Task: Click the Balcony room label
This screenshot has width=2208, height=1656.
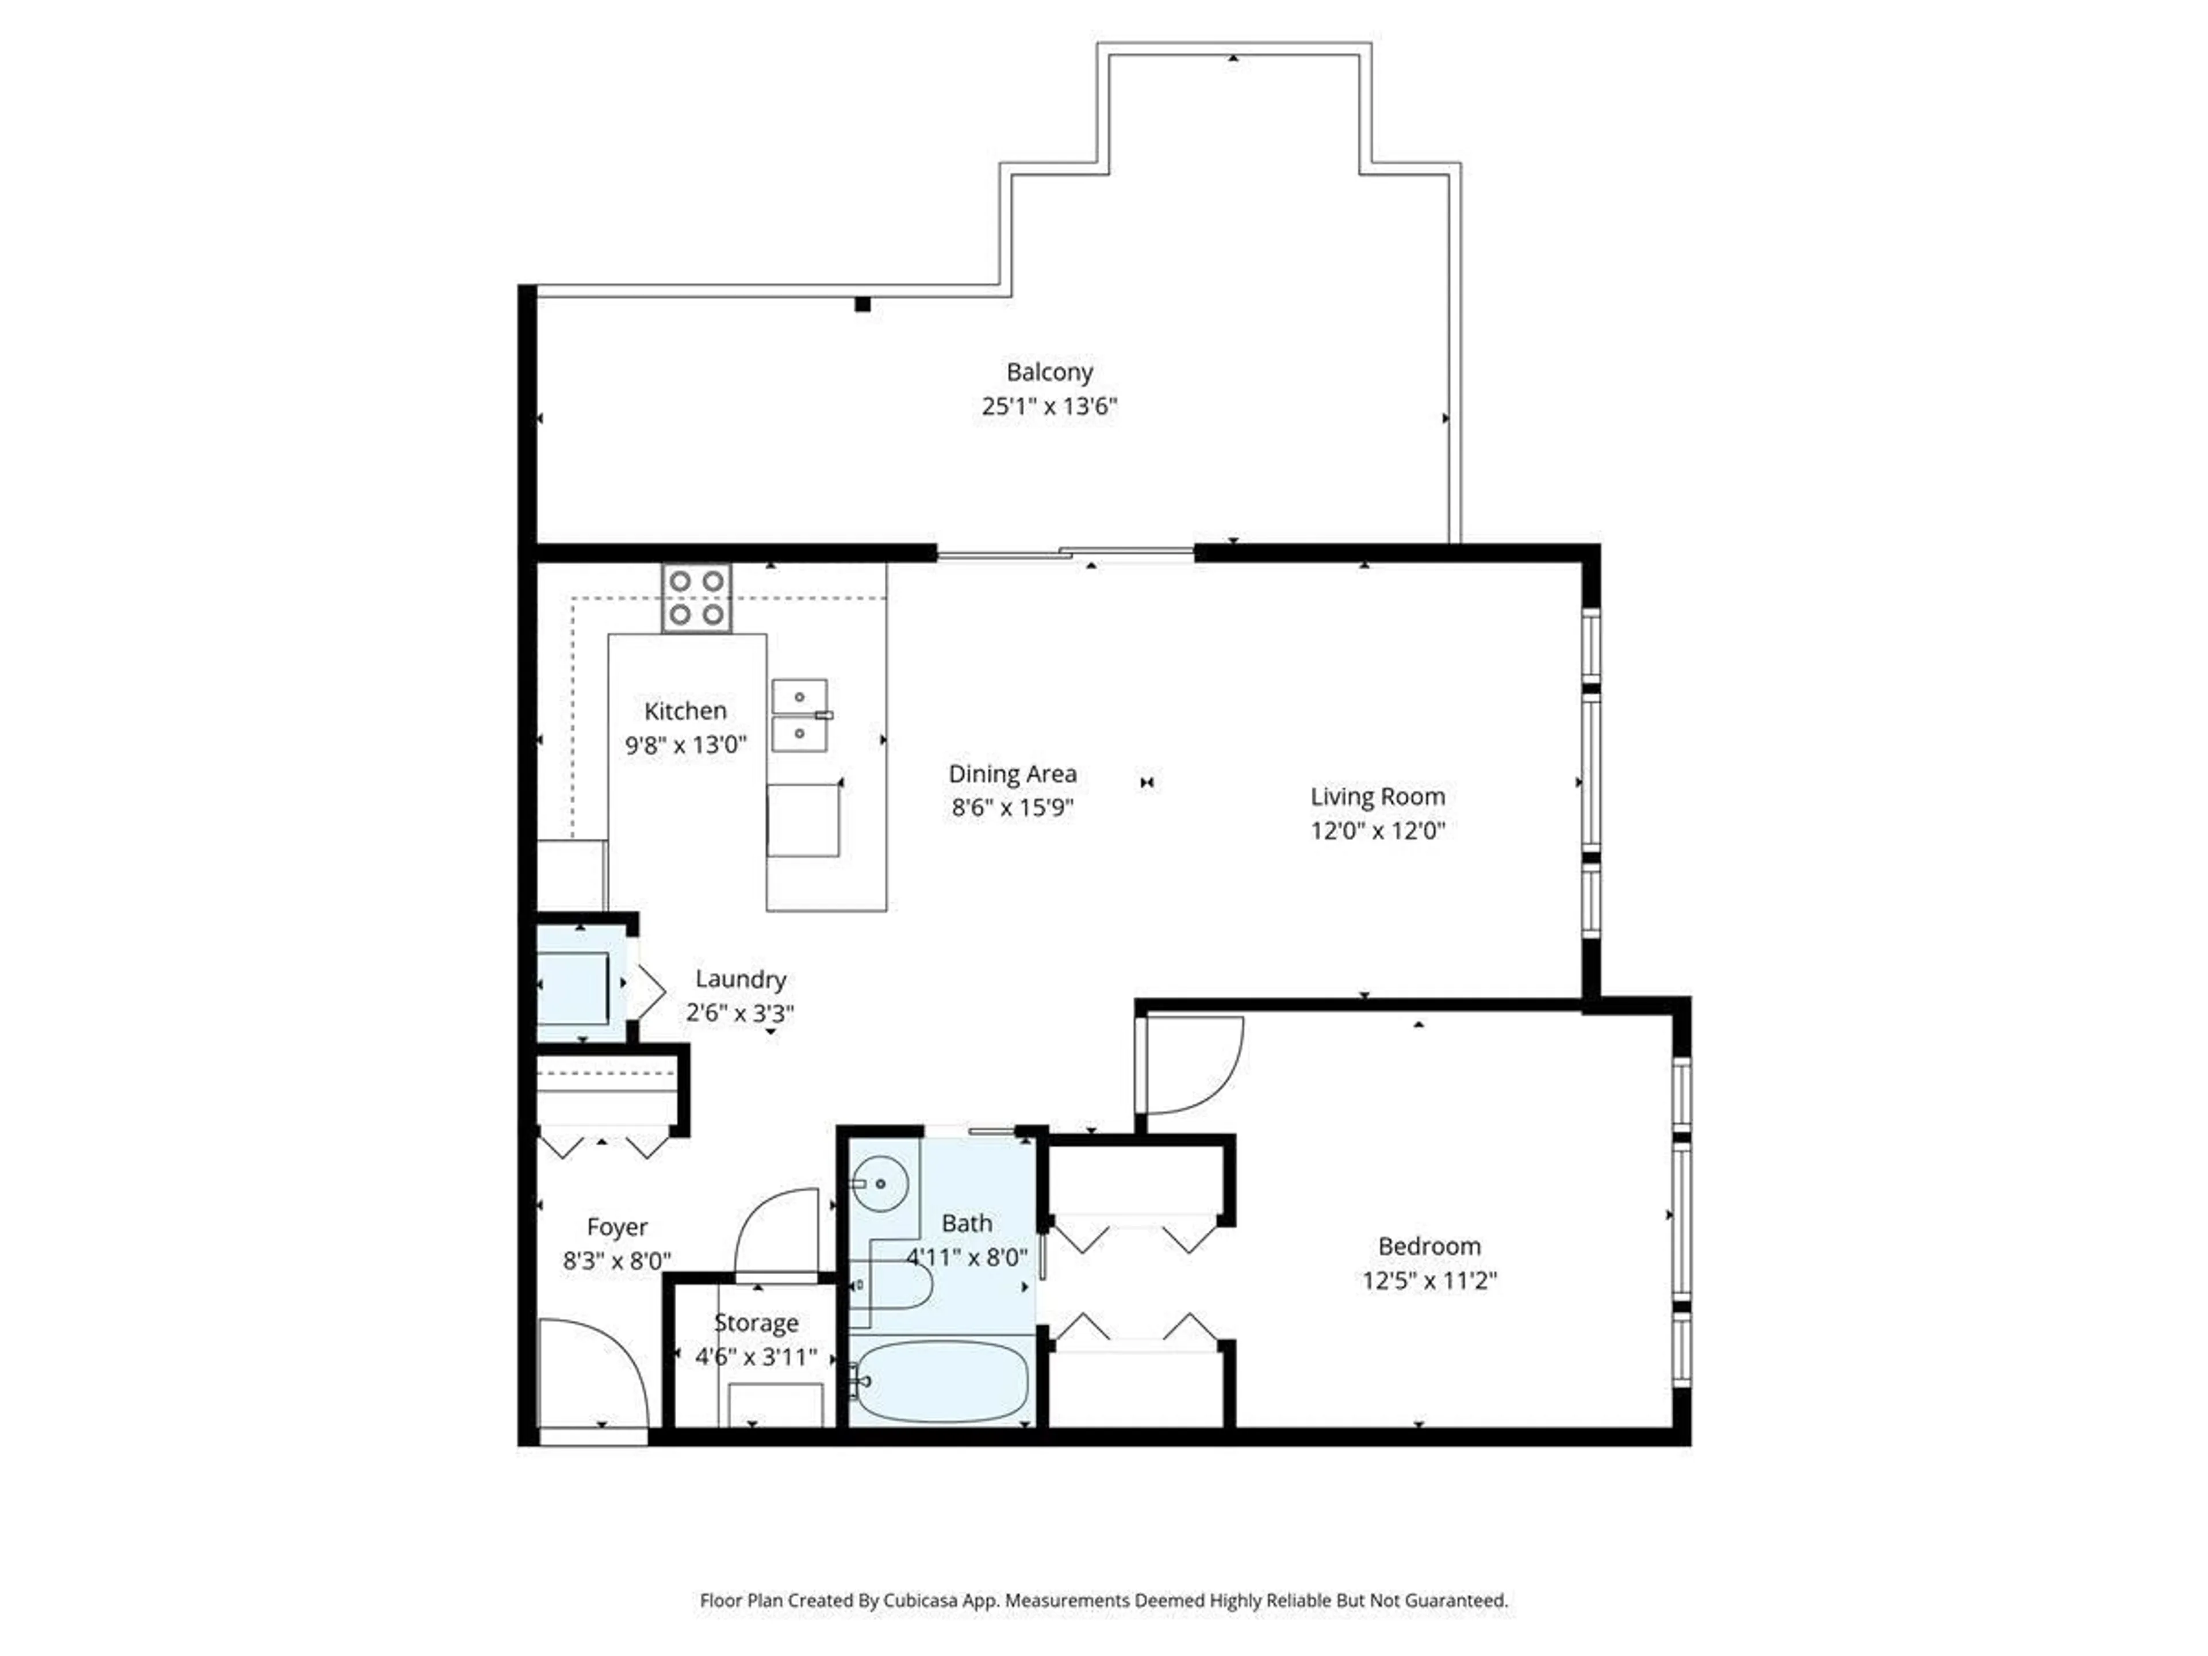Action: pyautogui.click(x=1049, y=373)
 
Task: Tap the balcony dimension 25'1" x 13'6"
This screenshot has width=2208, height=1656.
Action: pyautogui.click(x=1049, y=407)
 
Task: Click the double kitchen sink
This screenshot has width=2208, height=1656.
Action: pyautogui.click(x=800, y=715)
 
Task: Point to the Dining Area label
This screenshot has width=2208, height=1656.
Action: pyautogui.click(x=1012, y=773)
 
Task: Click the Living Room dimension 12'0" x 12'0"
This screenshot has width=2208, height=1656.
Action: pyautogui.click(x=1378, y=830)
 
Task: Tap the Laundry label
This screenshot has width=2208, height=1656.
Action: pyautogui.click(x=741, y=979)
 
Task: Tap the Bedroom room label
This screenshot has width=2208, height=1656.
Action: pyautogui.click(x=1429, y=1246)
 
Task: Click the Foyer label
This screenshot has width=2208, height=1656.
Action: pyautogui.click(x=617, y=1227)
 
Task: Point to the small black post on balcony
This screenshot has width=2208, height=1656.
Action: pyautogui.click(x=862, y=304)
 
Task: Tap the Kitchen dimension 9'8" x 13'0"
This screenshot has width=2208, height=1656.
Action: pyautogui.click(x=686, y=745)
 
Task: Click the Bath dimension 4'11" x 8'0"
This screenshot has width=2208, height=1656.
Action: pyautogui.click(x=966, y=1257)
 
